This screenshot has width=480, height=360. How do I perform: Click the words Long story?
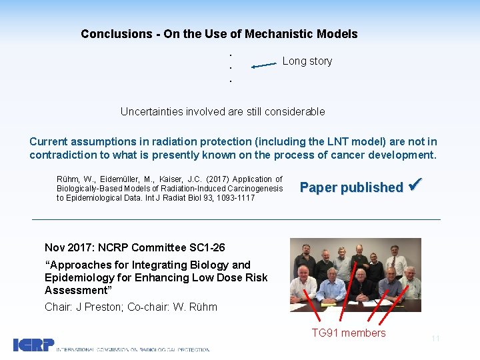tap(307, 61)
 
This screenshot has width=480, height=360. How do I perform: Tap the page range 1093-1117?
tap(234, 198)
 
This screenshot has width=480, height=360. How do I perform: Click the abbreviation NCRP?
tap(117, 248)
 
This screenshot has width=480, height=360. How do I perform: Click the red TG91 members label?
tap(349, 333)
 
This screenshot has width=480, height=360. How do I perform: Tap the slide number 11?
tap(435, 339)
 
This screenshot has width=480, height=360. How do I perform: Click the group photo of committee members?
tap(355, 275)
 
